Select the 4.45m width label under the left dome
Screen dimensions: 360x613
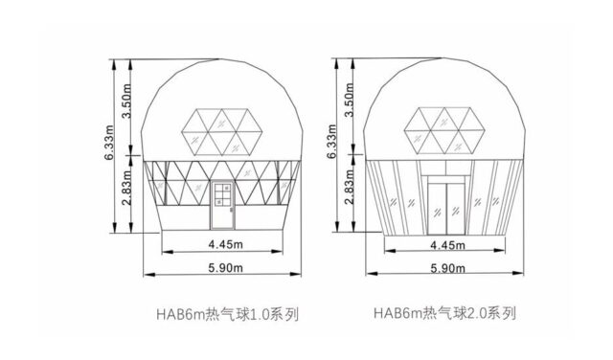point(221,244)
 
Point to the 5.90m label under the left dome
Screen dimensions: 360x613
point(221,269)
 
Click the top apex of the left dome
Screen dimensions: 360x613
point(221,59)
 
